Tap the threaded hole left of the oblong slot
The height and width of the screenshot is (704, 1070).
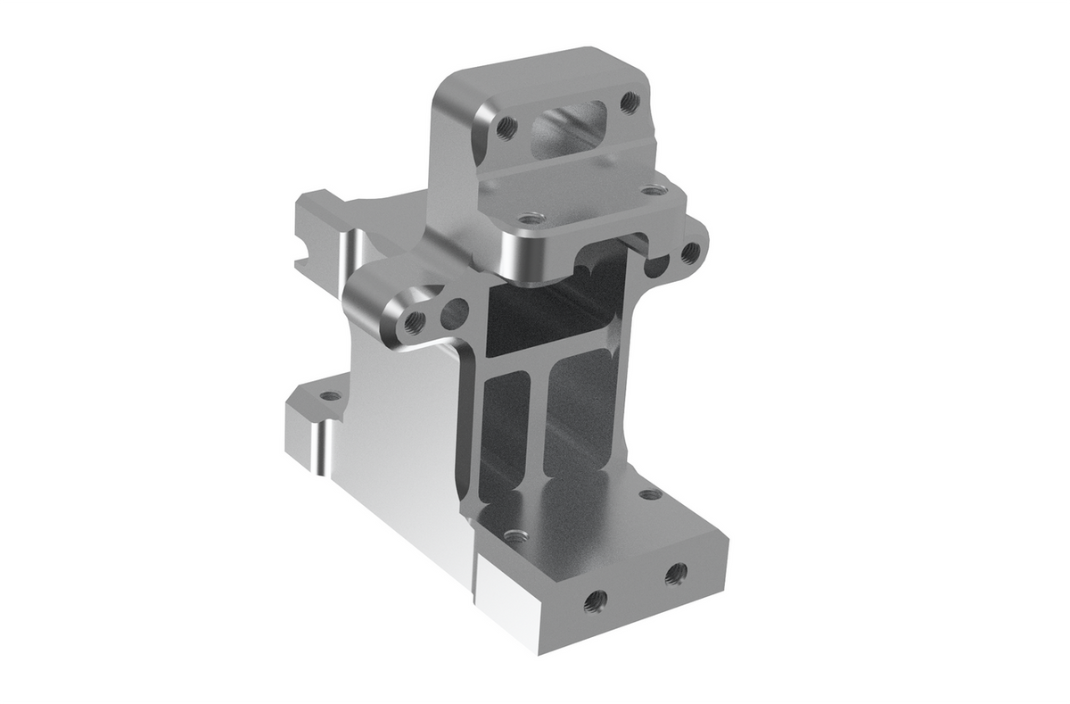click(506, 126)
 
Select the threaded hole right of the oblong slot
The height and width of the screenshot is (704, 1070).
click(629, 101)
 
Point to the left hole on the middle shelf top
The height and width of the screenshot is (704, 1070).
click(531, 218)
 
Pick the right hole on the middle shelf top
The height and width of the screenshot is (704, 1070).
click(654, 190)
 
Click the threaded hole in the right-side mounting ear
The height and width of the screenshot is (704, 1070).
click(689, 253)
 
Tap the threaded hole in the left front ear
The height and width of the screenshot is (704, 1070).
click(413, 322)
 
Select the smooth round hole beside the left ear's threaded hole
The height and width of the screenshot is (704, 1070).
click(455, 312)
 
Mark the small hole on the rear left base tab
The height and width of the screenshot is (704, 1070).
click(330, 395)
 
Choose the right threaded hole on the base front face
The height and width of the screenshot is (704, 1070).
click(675, 572)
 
